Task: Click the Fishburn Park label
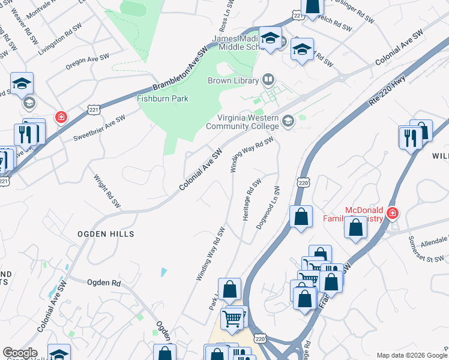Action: [x=163, y=99]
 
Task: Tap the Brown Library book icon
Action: [x=268, y=80]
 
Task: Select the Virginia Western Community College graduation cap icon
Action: [x=288, y=122]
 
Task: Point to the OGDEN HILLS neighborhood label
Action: [x=105, y=233]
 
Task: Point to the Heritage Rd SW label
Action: [x=252, y=200]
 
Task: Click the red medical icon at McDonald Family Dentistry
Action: [x=393, y=213]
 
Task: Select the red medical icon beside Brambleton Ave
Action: [x=61, y=116]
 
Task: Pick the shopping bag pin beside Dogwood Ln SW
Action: [x=301, y=217]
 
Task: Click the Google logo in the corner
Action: [x=20, y=353]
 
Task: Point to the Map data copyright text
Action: [x=412, y=355]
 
